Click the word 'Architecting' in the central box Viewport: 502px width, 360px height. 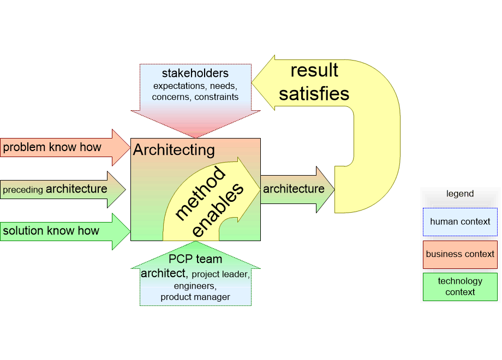click(174, 150)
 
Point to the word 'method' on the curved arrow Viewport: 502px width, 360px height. click(200, 194)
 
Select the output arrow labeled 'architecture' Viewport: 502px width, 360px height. click(294, 189)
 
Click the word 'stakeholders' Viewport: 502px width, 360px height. click(195, 73)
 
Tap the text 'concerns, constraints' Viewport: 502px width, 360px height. click(195, 97)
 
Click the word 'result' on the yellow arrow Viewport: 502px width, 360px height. click(314, 70)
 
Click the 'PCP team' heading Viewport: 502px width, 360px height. click(195, 259)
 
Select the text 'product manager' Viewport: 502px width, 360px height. click(195, 297)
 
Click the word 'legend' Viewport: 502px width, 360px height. click(459, 194)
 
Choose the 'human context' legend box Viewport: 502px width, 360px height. click(459, 222)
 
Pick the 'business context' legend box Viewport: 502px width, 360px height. click(459, 254)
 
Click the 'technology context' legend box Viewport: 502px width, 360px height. click(459, 286)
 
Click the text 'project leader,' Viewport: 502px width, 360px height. click(220, 274)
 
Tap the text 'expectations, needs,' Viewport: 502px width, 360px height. click(195, 86)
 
